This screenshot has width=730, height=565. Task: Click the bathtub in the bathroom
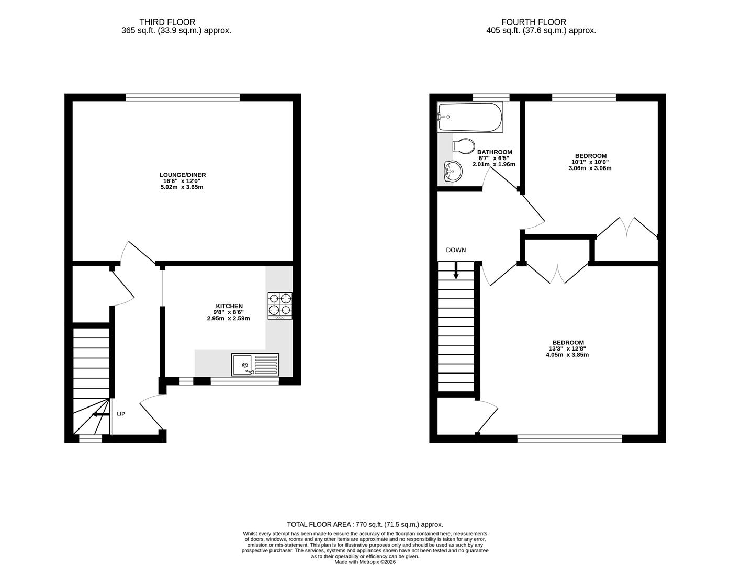tap(470, 117)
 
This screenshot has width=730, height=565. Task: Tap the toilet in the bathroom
tap(463, 145)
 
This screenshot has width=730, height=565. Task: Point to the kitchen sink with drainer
tap(255, 364)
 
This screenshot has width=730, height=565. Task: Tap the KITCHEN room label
tap(229, 306)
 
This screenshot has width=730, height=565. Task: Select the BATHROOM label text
tap(495, 152)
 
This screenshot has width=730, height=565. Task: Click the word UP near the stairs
tap(121, 414)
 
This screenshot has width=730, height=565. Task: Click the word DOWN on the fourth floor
tap(456, 250)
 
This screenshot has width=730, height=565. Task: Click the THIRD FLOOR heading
tap(167, 22)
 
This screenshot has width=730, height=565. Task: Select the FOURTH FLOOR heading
tap(533, 22)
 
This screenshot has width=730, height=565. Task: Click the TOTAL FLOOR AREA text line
tap(365, 524)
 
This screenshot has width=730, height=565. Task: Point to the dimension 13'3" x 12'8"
tap(567, 348)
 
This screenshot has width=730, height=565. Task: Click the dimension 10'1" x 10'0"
tap(590, 162)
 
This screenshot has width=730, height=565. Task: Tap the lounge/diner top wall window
tap(183, 97)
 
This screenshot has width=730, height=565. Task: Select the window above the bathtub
tap(491, 97)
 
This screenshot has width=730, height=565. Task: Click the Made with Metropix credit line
tap(365, 562)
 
